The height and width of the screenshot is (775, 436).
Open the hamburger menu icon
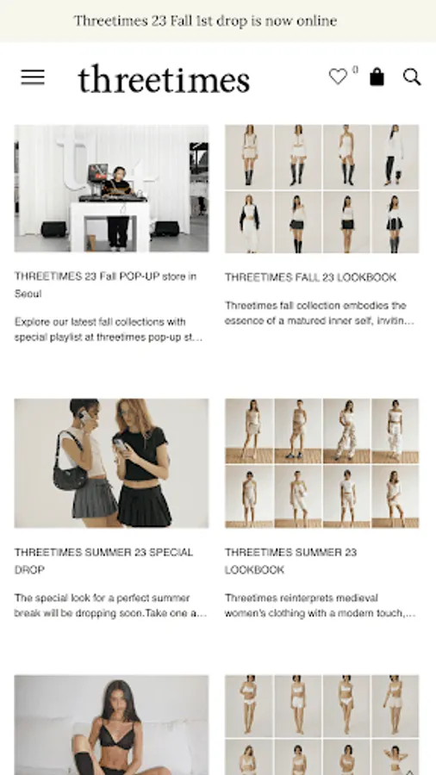(x=33, y=77)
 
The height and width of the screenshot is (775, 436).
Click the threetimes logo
(x=164, y=78)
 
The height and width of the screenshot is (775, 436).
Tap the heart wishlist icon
(x=338, y=77)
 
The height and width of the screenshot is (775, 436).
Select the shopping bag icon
(x=377, y=77)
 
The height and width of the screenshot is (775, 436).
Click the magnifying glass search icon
(x=412, y=77)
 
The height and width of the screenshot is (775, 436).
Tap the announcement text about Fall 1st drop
(x=205, y=21)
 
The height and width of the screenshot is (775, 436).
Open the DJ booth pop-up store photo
(x=111, y=189)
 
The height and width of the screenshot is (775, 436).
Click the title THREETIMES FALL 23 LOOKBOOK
(x=310, y=277)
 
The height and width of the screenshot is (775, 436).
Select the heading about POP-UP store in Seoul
(x=105, y=285)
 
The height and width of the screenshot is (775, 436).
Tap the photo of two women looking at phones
(x=111, y=463)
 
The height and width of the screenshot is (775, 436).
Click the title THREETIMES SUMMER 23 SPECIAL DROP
(x=103, y=561)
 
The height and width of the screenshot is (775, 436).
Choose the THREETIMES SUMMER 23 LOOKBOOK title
(x=290, y=561)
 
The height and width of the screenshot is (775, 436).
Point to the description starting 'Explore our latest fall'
(x=109, y=330)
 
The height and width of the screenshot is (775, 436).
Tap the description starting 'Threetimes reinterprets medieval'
(x=320, y=605)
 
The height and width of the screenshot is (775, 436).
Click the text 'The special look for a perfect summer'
(x=102, y=598)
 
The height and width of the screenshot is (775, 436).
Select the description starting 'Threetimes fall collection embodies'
(x=320, y=313)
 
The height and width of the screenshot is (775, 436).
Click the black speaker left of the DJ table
(x=54, y=229)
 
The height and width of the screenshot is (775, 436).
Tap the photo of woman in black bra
(x=111, y=724)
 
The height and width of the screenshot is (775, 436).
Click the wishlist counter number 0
(x=355, y=70)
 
